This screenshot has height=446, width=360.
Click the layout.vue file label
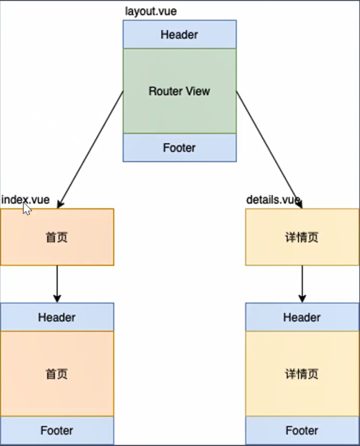coord(146,11)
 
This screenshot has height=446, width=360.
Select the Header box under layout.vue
coord(179,35)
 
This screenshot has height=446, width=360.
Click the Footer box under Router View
coord(179,148)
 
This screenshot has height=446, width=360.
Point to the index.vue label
coord(25,200)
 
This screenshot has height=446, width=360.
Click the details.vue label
coord(273,200)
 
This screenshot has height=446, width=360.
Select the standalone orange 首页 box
coord(57,237)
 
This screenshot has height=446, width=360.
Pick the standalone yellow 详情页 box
coord(302,237)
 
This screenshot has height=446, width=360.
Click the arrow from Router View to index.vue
coord(90,149)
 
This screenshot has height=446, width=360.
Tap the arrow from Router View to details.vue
coord(269,149)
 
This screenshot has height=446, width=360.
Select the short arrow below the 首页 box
coord(57,284)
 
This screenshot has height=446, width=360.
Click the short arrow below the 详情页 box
coord(302,284)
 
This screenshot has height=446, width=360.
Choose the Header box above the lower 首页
coord(57,318)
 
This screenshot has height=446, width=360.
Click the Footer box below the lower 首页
coord(57,431)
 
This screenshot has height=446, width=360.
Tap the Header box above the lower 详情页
coord(302,318)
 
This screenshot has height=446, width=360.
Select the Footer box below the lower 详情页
coord(302,431)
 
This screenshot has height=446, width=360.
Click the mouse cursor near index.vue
coord(27,209)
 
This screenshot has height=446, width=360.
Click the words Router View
coord(179,91)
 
